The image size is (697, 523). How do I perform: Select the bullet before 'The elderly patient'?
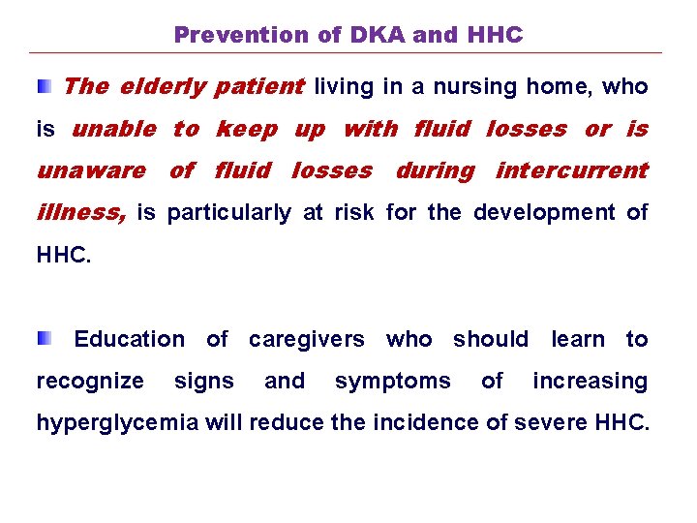click(x=44, y=87)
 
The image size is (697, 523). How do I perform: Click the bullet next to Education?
click(x=44, y=339)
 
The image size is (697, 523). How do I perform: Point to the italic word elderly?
click(x=162, y=87)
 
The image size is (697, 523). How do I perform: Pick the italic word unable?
click(x=114, y=129)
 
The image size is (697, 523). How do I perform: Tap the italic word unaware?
click(x=90, y=170)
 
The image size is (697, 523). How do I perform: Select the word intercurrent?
click(x=571, y=170)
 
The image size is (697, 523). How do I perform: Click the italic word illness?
click(x=80, y=212)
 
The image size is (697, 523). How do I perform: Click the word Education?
click(x=129, y=339)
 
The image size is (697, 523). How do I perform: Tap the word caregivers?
click(x=306, y=339)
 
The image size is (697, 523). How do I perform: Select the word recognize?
click(x=90, y=382)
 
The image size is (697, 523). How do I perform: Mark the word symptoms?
click(x=392, y=382)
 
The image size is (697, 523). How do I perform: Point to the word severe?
click(x=543, y=423)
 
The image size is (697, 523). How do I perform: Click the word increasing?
click(x=590, y=382)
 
